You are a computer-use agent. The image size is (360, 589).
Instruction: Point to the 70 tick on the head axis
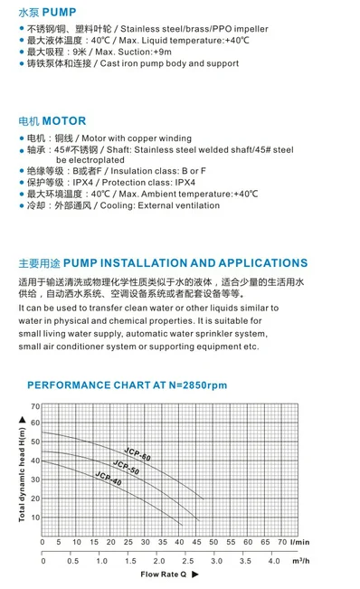(x=35, y=406)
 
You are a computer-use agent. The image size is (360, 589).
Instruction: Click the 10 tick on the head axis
(x=35, y=518)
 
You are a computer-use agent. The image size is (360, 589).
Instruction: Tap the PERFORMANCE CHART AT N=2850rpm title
(x=127, y=385)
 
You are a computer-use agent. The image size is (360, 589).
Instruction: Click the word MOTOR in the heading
(x=64, y=120)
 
